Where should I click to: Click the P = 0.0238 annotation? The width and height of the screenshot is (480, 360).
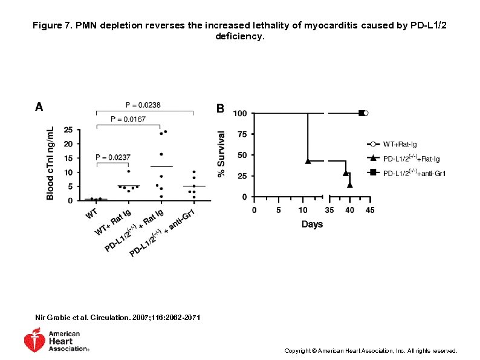(x=143, y=105)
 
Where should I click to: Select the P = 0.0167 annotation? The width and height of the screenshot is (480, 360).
(x=126, y=119)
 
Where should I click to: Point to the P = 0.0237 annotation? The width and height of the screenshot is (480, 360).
(x=112, y=157)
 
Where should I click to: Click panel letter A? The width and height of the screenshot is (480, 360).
(x=39, y=107)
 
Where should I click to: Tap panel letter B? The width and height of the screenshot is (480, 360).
(x=221, y=108)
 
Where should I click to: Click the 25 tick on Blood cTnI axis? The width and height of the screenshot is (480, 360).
(x=68, y=129)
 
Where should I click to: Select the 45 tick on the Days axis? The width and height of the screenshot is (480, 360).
(x=370, y=211)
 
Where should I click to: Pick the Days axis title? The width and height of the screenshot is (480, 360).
(x=312, y=224)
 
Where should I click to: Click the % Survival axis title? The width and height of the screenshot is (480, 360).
(x=222, y=155)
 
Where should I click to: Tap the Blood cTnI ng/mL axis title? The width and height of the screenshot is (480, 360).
(x=51, y=163)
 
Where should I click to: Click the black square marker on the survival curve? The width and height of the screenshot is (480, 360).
(x=362, y=113)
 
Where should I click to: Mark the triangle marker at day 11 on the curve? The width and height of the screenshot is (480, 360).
(x=308, y=161)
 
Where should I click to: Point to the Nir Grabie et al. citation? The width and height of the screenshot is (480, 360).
(x=118, y=318)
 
